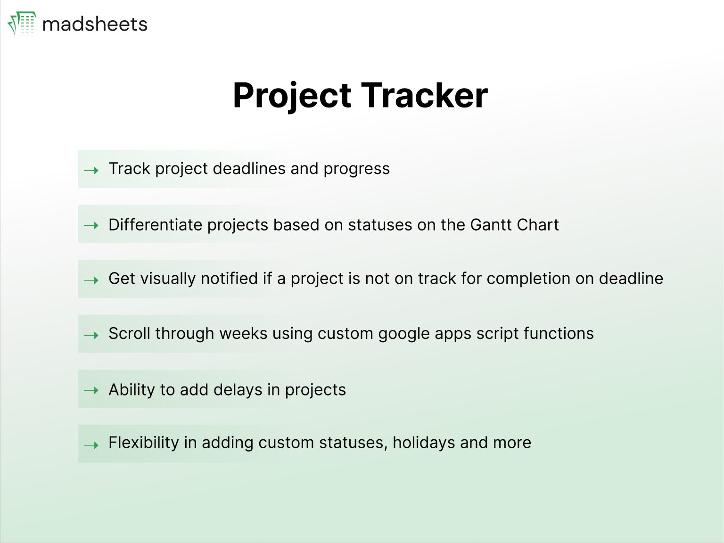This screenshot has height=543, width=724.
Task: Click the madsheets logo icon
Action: [x=22, y=24]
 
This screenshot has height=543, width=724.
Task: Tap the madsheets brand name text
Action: [x=95, y=25]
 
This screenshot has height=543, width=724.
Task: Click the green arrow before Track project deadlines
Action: [x=91, y=170]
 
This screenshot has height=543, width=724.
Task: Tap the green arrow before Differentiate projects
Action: [x=91, y=225]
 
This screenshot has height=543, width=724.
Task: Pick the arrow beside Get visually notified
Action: [x=91, y=280]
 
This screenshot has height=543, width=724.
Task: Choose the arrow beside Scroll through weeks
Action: [x=91, y=335]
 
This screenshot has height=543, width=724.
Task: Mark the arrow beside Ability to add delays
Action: [x=91, y=390]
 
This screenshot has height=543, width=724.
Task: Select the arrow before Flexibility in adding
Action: [x=91, y=445]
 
